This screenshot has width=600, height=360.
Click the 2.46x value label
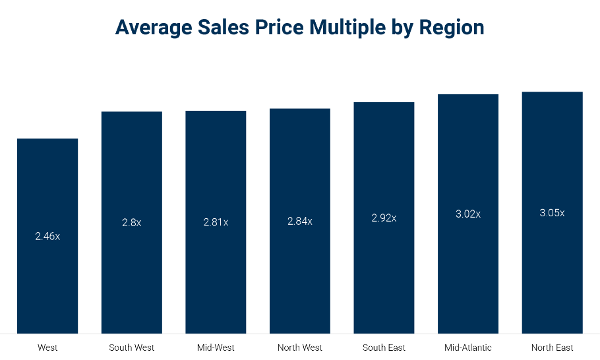point(47,236)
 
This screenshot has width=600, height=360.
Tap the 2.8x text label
point(131,223)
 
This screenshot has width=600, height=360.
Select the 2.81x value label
point(216,222)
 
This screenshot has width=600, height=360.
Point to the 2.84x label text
point(300,222)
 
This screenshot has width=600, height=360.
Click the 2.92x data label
point(384,218)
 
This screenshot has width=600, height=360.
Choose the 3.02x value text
point(468,214)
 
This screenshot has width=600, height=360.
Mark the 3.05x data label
point(552,213)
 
